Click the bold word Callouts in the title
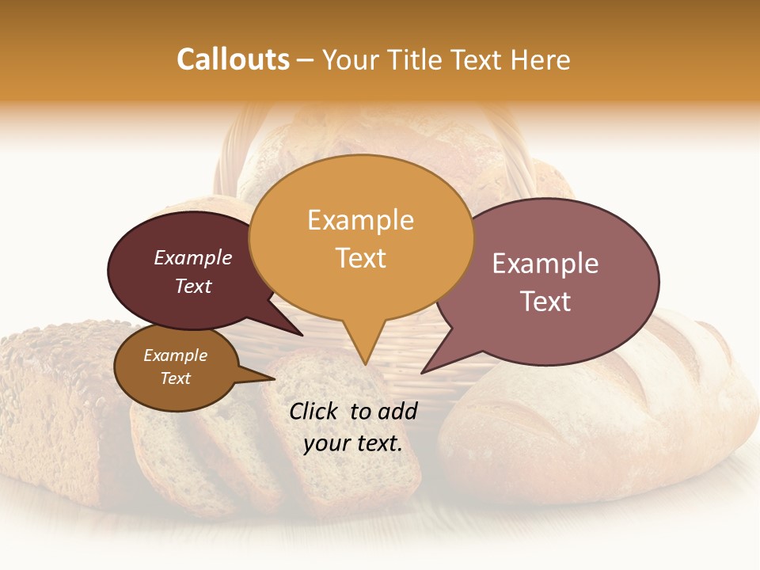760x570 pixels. pyautogui.click(x=233, y=59)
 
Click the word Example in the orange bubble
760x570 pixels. pyautogui.click(x=360, y=220)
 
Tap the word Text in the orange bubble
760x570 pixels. pyautogui.click(x=360, y=257)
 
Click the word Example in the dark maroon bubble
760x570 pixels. pyautogui.click(x=193, y=258)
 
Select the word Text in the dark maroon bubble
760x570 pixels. pyautogui.click(x=193, y=286)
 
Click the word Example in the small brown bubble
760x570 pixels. pyautogui.click(x=176, y=355)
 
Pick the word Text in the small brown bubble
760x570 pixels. pyautogui.click(x=176, y=378)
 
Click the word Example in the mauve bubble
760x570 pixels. pyautogui.click(x=545, y=264)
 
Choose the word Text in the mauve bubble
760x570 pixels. pyautogui.click(x=545, y=302)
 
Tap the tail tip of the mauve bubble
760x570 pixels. pyautogui.click(x=424, y=371)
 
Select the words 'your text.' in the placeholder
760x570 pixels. pyautogui.click(x=353, y=443)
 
